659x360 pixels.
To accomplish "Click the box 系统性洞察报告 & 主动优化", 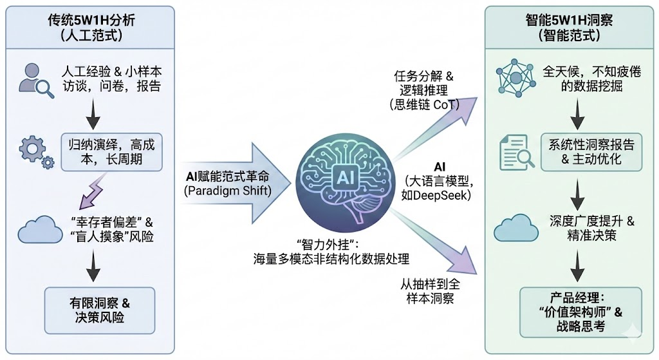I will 591,152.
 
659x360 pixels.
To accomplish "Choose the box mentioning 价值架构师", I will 581,312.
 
